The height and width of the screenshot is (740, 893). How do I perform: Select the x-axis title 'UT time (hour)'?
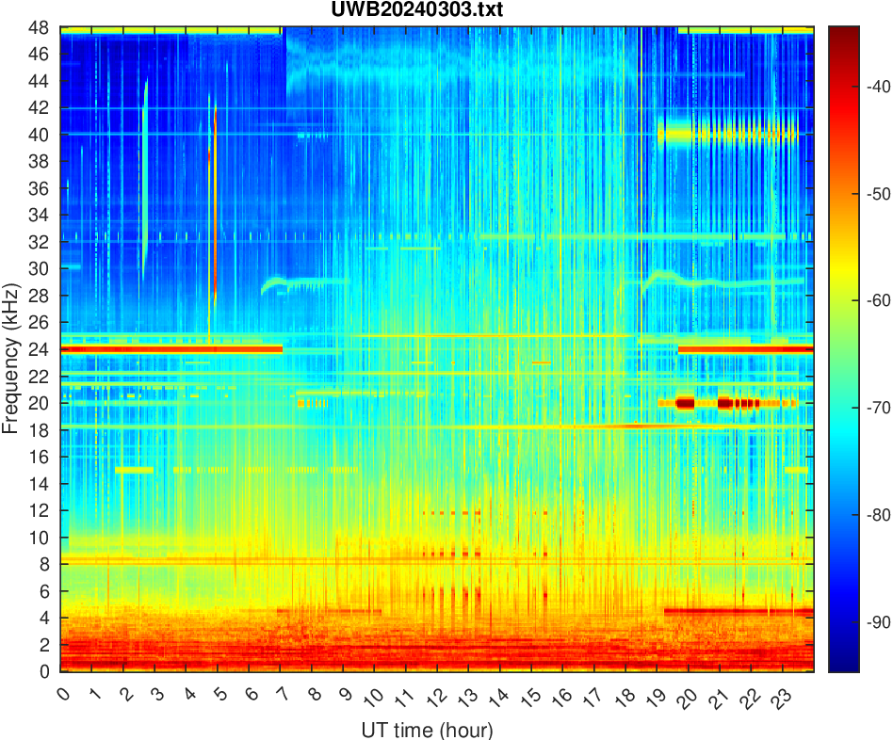[x=427, y=730]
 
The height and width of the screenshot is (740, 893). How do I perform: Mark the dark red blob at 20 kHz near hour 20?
[x=685, y=403]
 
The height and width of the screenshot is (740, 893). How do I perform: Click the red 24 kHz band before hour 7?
[x=170, y=349]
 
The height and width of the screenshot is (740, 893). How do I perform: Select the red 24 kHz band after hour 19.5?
[x=744, y=349]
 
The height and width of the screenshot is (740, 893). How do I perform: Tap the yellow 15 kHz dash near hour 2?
[x=134, y=470]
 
